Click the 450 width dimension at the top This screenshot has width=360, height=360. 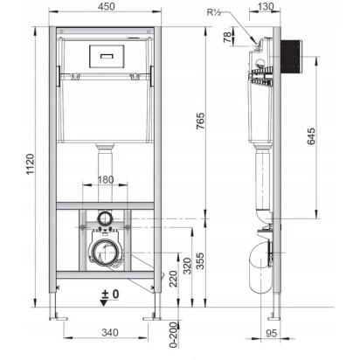point(106,6)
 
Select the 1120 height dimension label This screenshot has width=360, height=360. point(31,164)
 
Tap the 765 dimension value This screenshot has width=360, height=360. point(200,121)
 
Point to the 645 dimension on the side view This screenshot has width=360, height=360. point(311,136)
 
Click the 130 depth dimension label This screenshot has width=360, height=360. point(266,6)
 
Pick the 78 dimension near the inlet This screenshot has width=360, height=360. point(228,37)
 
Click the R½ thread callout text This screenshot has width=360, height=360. point(214,12)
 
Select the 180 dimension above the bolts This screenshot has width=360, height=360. point(106,179)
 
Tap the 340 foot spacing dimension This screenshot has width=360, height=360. point(110,332)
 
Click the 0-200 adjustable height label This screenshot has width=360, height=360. point(174,335)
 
